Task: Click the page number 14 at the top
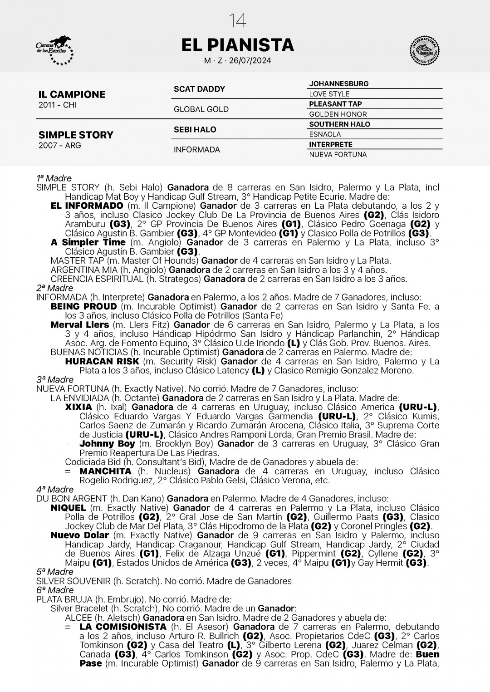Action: point(237,21)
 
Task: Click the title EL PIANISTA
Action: point(237,45)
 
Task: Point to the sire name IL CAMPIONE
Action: point(72,94)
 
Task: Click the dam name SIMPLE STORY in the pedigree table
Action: point(76,135)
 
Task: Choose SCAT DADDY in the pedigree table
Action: point(199,89)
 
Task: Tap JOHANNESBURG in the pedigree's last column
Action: point(338,84)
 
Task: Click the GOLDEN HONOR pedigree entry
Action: point(338,114)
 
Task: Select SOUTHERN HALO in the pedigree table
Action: point(339,124)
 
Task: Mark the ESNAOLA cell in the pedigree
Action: point(325,134)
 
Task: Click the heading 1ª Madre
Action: point(54,178)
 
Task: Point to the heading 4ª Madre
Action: point(54,490)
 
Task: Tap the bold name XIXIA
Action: point(78,407)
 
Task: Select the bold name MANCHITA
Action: point(105,471)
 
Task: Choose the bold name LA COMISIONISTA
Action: point(123,627)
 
